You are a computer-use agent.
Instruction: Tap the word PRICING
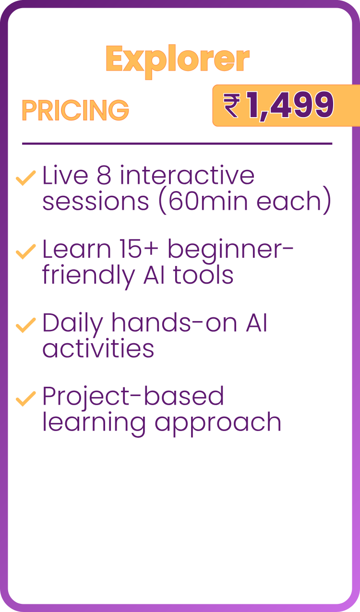[x=75, y=110]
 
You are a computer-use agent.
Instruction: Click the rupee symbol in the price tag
[x=232, y=106]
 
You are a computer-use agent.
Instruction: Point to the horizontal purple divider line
[x=177, y=144]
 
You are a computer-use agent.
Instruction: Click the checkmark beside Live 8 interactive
[x=26, y=178]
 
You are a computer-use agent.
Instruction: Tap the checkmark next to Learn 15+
[x=26, y=252]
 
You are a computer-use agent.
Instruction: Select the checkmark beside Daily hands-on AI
[x=26, y=325]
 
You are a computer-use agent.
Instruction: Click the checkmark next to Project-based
[x=26, y=399]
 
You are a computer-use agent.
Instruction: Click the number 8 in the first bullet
[x=104, y=175]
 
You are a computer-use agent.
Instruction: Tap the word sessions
[x=96, y=202]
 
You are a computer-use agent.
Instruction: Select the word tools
[x=203, y=275]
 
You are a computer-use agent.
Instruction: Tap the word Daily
[x=72, y=324]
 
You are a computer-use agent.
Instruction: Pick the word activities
[x=98, y=348]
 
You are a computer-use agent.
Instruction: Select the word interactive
[x=187, y=175]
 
